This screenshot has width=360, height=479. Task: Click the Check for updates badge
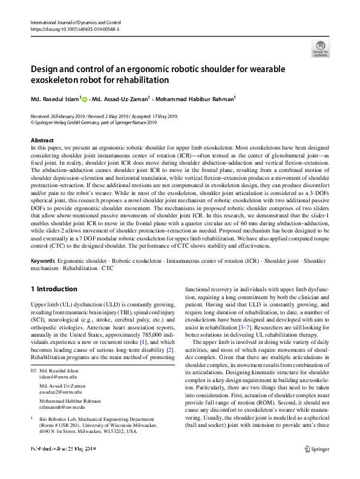coord(320,49)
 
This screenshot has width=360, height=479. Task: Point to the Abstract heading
coord(43,140)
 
